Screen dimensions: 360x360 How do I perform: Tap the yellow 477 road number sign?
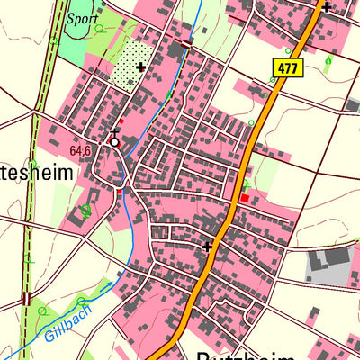tap(287, 67)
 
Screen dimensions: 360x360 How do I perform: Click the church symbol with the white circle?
tap(114, 140)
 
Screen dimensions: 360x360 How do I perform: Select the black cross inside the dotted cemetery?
tap(140, 67)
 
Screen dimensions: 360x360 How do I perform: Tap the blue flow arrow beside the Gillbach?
tap(110, 285)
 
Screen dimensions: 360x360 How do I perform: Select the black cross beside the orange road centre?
tap(207, 246)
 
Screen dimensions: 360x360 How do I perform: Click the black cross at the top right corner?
tap(326, 7)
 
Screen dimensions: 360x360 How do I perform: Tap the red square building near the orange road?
tap(245, 197)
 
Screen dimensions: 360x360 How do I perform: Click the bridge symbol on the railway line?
tap(27, 298)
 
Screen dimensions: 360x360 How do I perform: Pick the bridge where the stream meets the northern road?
tap(187, 42)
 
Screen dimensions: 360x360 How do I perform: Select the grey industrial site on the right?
tap(330, 264)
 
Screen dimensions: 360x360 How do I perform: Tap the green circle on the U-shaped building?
tap(85, 211)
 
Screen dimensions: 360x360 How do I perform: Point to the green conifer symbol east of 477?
tap(328, 61)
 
